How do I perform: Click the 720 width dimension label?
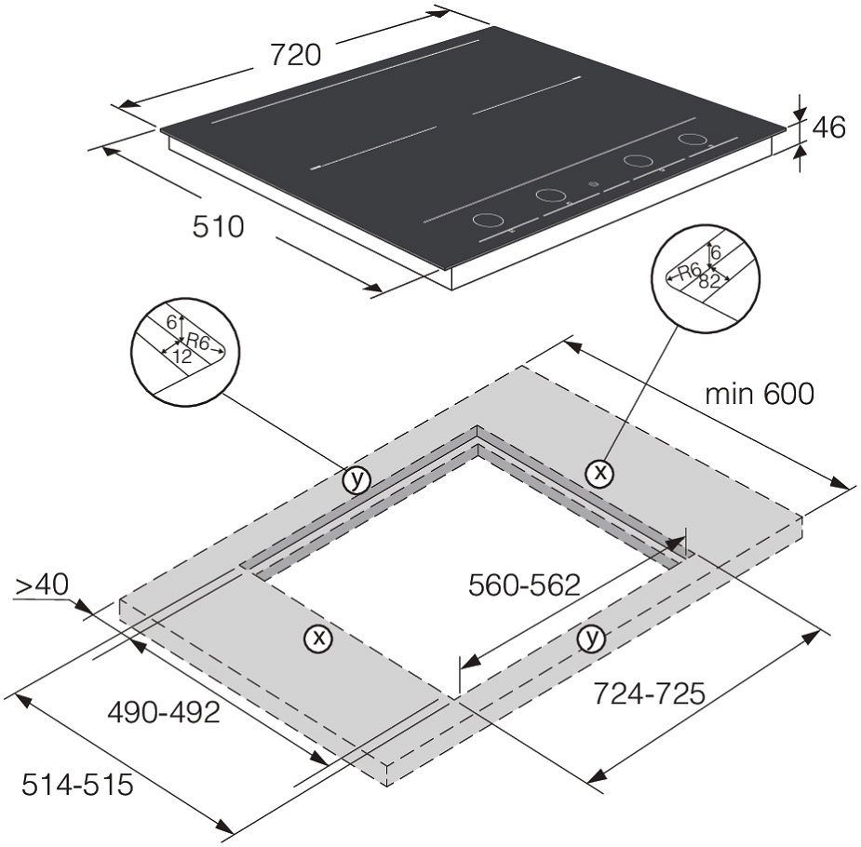coord(295,55)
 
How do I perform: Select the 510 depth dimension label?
coord(218,227)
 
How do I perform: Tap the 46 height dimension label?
coord(828,128)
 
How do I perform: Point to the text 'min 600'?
coord(760,394)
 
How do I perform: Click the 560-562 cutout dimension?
coord(524,585)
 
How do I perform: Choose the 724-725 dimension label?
coord(649,693)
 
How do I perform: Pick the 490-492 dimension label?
coord(164,713)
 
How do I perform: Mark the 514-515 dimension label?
coord(77,784)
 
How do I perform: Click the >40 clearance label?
coord(41,585)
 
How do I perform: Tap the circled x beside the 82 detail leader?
coord(599,472)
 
